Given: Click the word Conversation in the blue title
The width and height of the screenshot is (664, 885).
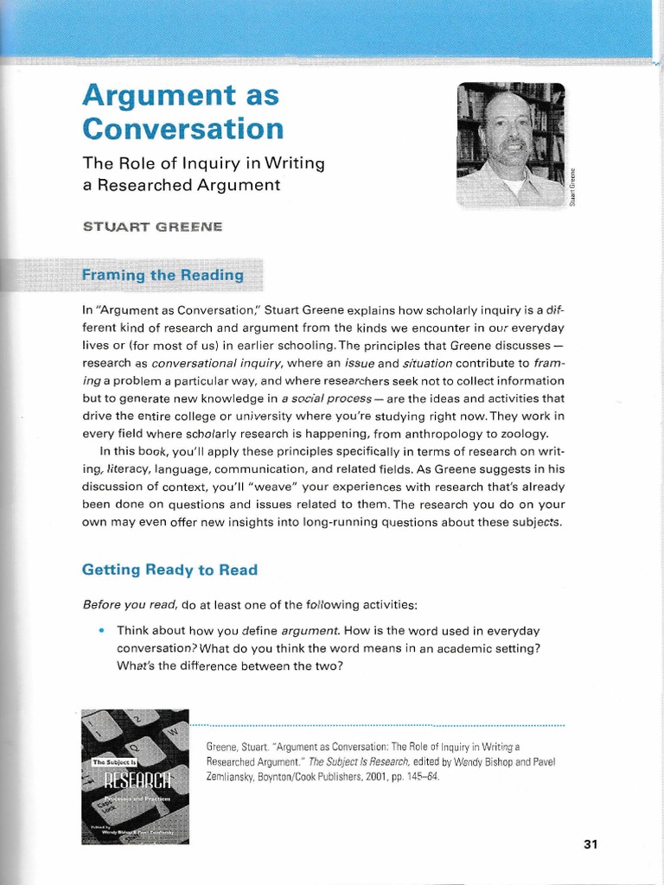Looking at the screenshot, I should pos(182,129).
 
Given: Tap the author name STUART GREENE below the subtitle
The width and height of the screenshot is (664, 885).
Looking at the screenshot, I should pos(152,227).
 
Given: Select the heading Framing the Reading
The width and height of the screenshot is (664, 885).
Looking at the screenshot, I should pos(163,276).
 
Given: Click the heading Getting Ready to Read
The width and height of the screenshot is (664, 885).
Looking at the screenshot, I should pos(169,570).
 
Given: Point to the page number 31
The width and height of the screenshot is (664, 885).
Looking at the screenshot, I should pos(591,844).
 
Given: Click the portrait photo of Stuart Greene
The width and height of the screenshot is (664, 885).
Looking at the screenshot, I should pos(511,144).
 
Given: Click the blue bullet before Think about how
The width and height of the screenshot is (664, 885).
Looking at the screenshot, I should pos(102,630).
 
